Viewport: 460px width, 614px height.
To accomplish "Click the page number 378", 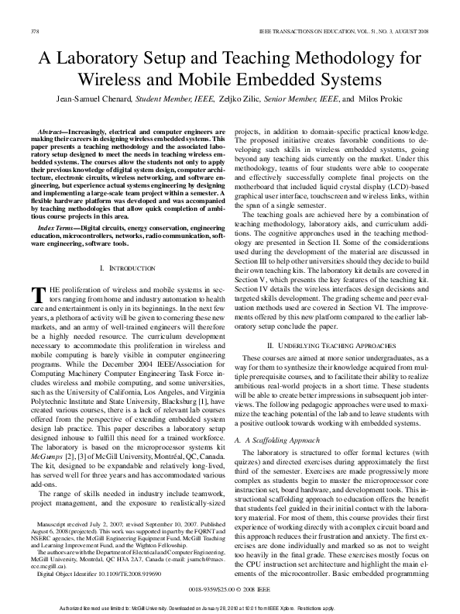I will pyautogui.click(x=34, y=31).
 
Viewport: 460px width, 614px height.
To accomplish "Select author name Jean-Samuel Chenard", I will pyautogui.click(x=93, y=98).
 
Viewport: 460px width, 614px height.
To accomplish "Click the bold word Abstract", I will pyautogui.click(x=53, y=133).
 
